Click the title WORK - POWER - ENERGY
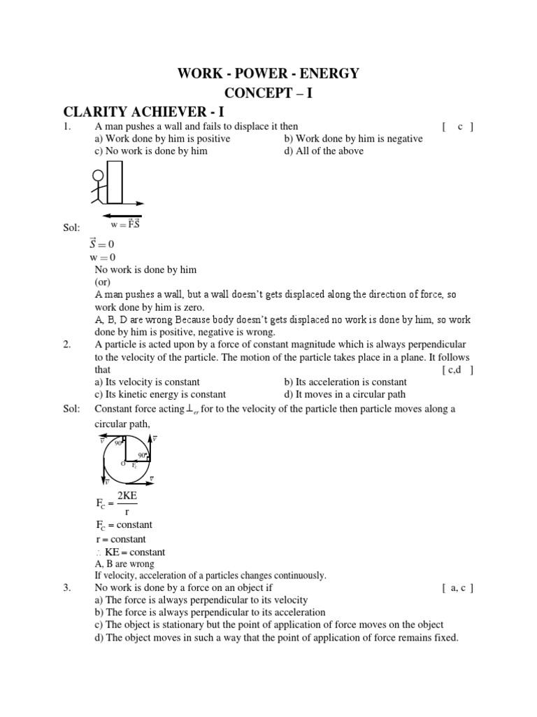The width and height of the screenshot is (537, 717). coord(268,74)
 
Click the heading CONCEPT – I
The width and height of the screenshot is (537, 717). coord(268,92)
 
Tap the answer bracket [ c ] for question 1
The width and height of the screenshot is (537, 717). coord(459,127)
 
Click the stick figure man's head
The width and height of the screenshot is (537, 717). coord(99,176)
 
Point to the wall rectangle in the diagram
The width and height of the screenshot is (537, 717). coord(115,181)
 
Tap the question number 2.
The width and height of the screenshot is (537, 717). coord(67,344)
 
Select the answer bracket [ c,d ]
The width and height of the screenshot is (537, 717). coord(459,370)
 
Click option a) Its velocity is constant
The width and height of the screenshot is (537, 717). coord(147,382)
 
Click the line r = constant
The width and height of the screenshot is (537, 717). coord(120,539)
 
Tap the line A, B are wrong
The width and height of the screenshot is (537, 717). coord(124,564)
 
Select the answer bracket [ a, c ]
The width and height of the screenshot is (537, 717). coord(459,588)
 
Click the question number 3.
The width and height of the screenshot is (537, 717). coord(67,588)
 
